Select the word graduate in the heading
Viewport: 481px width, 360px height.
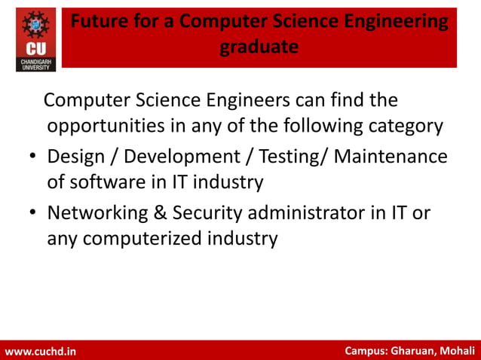click(x=259, y=47)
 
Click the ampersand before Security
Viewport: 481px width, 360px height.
click(x=160, y=213)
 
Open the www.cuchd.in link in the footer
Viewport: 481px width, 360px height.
click(x=41, y=352)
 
